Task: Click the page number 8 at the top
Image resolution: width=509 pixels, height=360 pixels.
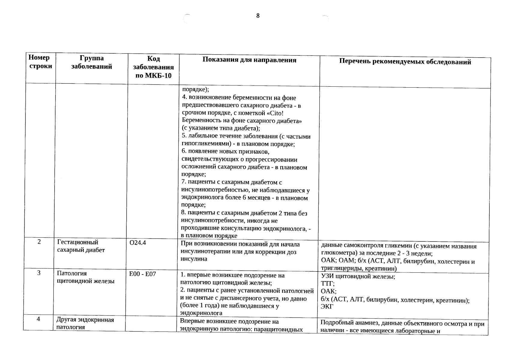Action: click(258, 16)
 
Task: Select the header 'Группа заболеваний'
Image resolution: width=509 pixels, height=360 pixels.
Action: click(92, 62)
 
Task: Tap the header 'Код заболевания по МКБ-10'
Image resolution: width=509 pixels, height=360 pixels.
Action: click(154, 67)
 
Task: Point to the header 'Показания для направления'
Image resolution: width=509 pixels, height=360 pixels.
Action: click(249, 60)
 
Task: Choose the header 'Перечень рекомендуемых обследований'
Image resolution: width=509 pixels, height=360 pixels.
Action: click(405, 62)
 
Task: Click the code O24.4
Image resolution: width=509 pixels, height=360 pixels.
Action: click(137, 243)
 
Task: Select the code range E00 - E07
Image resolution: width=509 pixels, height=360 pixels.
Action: click(143, 274)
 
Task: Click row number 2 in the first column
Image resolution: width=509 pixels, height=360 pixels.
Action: click(39, 242)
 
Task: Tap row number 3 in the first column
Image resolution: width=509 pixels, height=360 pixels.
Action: click(39, 273)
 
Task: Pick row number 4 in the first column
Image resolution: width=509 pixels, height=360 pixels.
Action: click(38, 319)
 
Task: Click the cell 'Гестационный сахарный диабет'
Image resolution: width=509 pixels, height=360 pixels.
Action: click(81, 246)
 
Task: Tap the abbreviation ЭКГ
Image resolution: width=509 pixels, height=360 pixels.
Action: click(327, 307)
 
